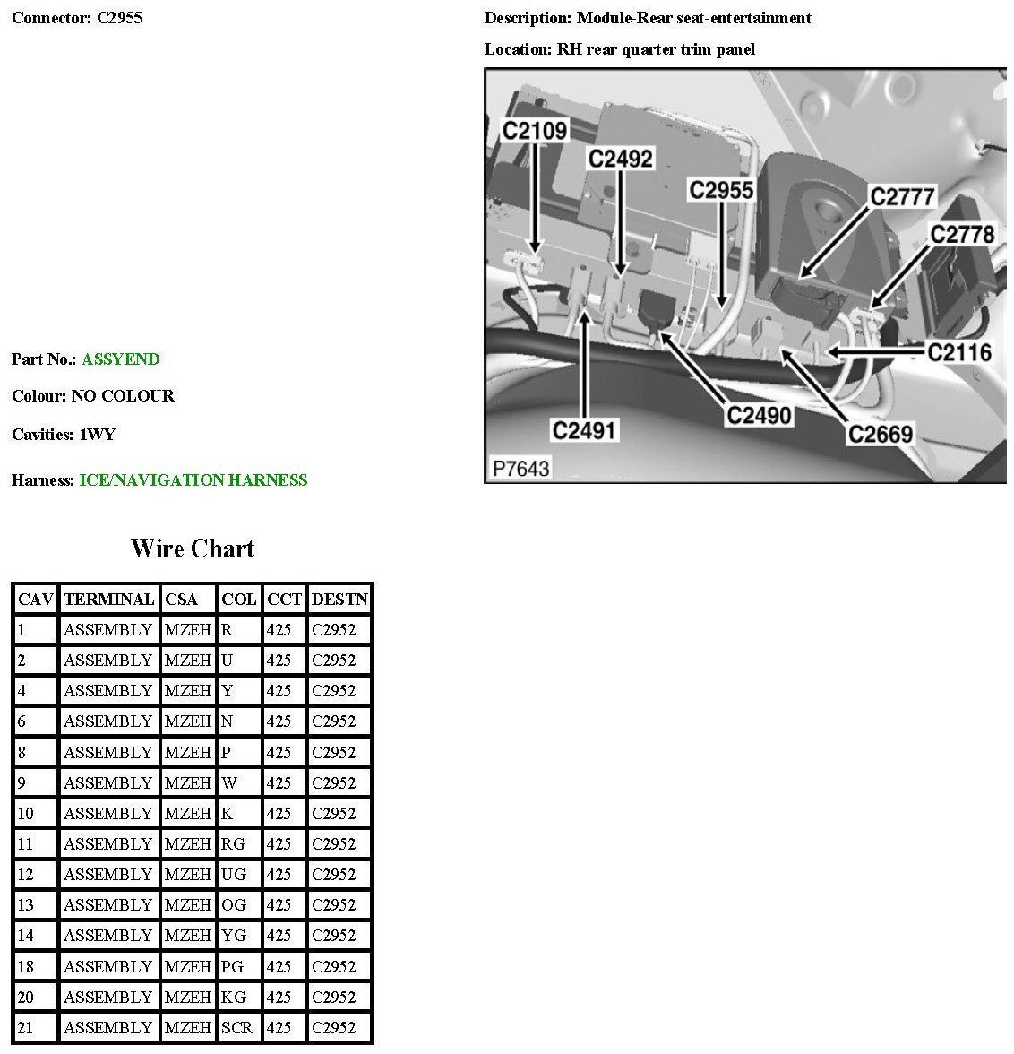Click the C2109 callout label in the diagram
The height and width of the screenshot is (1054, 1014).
535,131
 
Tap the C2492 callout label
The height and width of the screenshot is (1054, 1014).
621,159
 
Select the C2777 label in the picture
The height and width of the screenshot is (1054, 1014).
902,196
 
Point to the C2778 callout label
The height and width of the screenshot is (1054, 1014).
962,235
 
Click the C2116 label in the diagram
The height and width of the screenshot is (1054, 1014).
959,352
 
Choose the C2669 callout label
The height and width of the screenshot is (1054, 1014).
881,435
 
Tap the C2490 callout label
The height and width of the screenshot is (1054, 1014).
759,416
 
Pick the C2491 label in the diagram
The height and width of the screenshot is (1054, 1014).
585,431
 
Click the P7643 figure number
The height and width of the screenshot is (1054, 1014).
520,468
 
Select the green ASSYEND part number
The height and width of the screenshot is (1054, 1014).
120,359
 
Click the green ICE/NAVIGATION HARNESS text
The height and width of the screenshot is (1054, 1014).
193,480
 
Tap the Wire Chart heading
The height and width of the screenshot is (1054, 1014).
193,549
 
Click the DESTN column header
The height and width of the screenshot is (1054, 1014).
339,600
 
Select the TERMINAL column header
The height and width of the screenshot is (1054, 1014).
109,600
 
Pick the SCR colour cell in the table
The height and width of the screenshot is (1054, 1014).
237,1028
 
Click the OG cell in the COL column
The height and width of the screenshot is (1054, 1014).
234,905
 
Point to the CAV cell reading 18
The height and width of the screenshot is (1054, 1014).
26,966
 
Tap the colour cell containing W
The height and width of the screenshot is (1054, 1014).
229,782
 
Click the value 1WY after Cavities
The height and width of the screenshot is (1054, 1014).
98,435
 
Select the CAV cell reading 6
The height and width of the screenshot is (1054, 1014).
22,721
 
